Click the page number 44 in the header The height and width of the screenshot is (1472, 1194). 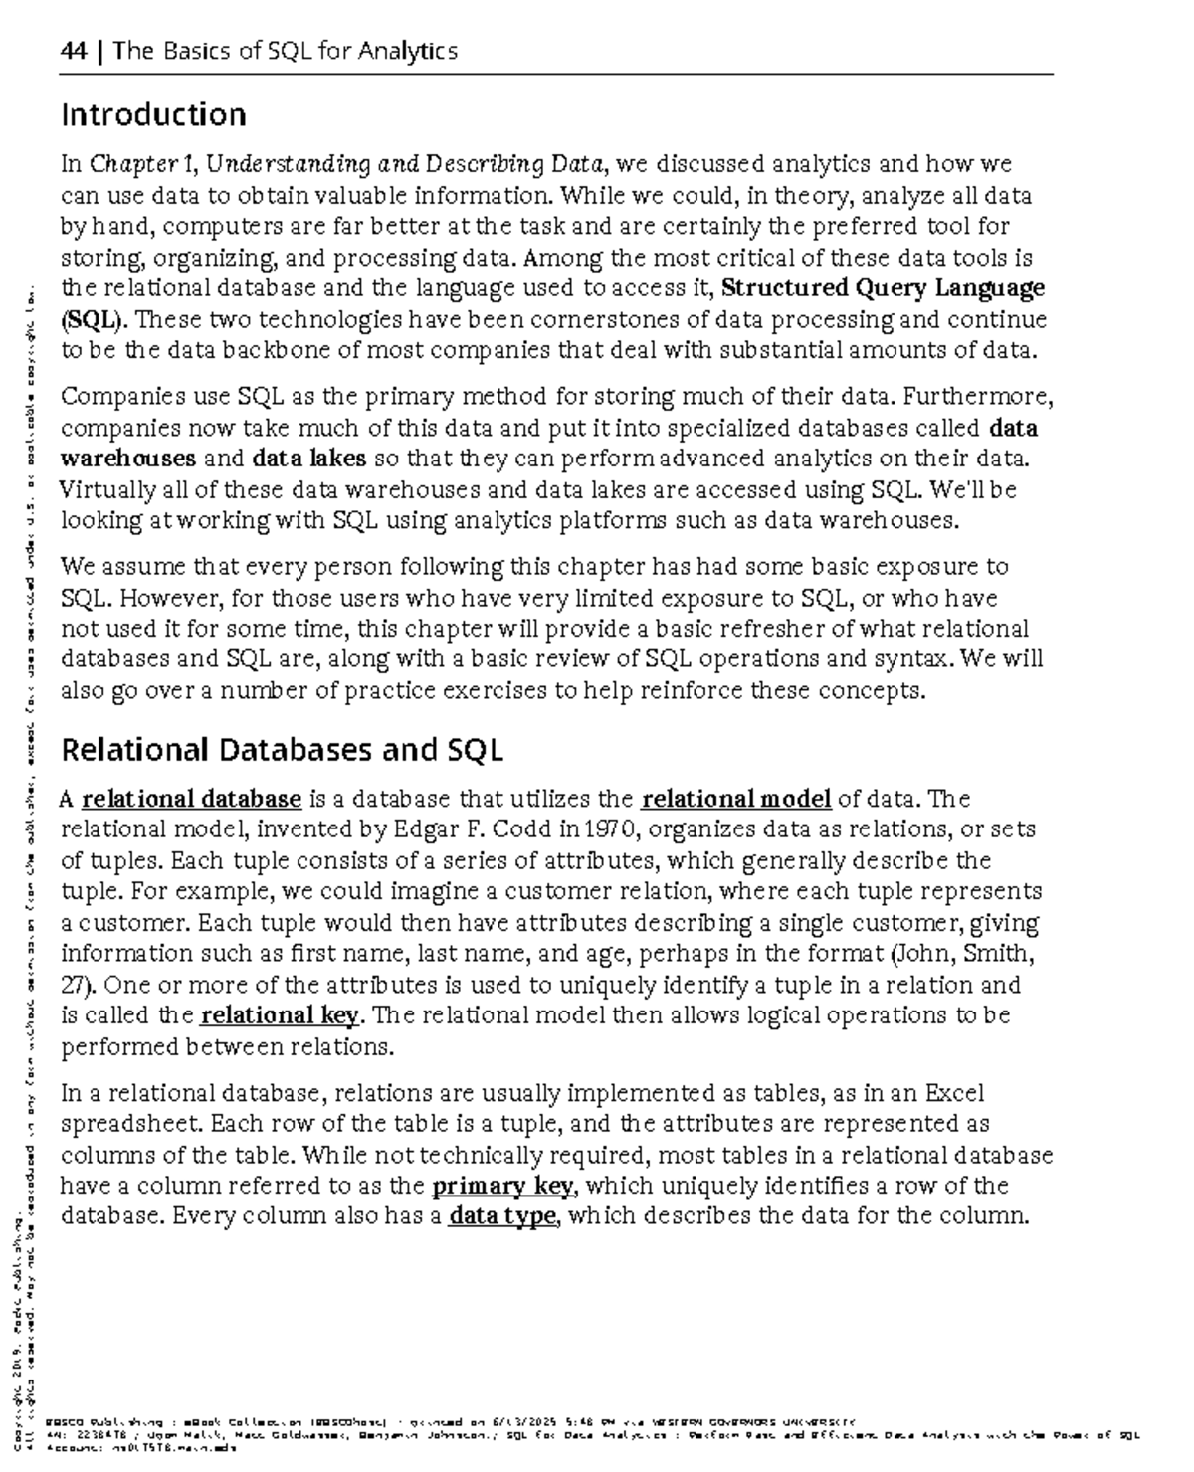(x=74, y=51)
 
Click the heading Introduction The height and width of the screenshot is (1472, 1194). (x=153, y=115)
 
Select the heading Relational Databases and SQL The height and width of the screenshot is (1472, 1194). (x=282, y=749)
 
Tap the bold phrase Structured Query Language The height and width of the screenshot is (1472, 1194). (x=883, y=288)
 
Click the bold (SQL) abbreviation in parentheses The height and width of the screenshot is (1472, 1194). (x=94, y=320)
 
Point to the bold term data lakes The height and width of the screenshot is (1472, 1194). (x=309, y=459)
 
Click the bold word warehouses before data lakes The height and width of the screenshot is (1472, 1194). (x=128, y=459)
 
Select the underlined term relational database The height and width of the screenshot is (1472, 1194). (x=191, y=799)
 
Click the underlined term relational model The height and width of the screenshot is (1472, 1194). (x=736, y=799)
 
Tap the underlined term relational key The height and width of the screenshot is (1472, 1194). (x=280, y=1015)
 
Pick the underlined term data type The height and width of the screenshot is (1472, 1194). (x=501, y=1216)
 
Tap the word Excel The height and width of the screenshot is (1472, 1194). (x=954, y=1093)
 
